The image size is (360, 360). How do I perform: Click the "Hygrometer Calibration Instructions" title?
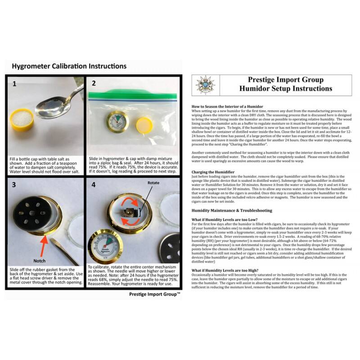69,66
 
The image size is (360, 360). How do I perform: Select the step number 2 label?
94,84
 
